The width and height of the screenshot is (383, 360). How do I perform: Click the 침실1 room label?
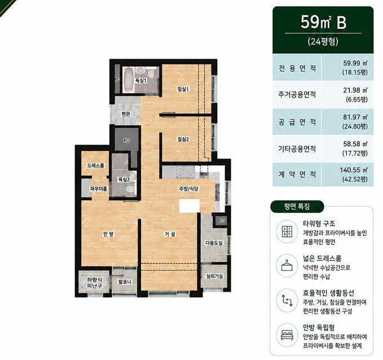183,89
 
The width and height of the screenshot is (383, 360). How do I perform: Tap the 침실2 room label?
183,139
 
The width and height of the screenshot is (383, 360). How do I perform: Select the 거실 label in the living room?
170,234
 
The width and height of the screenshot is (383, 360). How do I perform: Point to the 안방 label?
108,234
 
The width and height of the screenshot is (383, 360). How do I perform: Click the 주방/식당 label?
189,188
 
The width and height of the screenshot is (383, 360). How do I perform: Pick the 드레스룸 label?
96,166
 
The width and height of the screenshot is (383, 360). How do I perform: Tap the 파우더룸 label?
99,188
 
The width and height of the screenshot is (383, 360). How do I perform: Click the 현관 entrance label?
126,114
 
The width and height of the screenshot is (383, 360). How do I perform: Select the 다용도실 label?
214,243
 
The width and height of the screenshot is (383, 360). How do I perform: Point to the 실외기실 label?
214,276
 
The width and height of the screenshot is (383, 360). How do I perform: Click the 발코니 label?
125,282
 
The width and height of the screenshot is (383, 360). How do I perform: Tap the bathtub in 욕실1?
129,80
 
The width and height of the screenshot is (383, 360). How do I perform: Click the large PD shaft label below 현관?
126,141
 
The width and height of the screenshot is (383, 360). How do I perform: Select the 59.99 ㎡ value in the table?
355,63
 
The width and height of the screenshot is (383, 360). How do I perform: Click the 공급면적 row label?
297,122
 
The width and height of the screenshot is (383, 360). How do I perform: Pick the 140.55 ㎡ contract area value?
354,170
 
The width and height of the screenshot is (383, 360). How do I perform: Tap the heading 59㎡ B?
323,22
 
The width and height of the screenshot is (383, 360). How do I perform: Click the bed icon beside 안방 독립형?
287,335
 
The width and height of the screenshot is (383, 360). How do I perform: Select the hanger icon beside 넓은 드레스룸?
287,265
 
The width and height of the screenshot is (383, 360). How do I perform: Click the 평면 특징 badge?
297,207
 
